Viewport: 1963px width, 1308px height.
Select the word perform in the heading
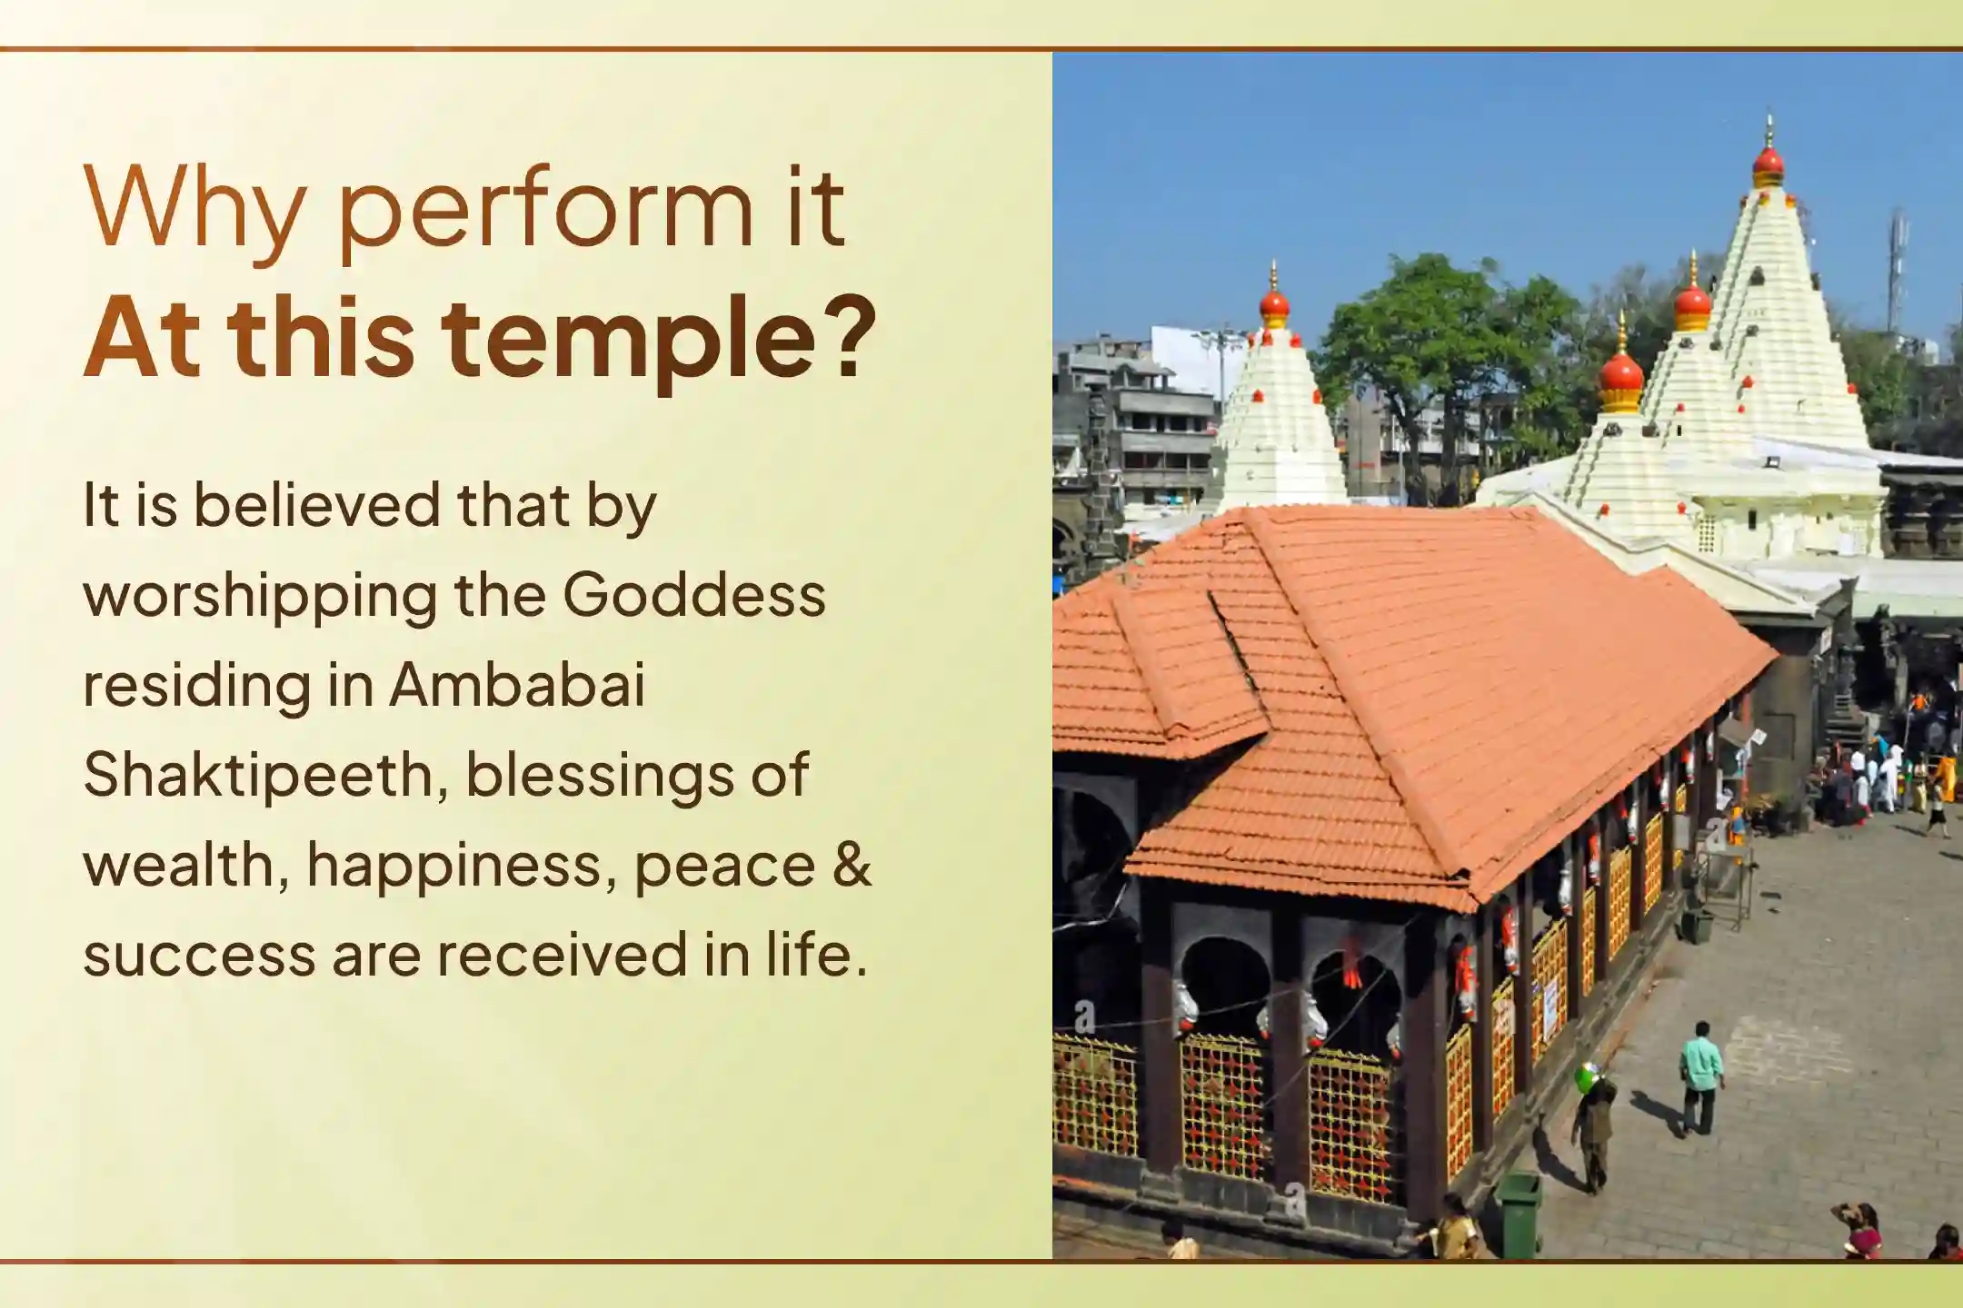coord(545,213)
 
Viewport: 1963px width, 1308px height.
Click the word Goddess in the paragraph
coord(694,595)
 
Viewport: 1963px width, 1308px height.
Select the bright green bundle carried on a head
coord(1587,1077)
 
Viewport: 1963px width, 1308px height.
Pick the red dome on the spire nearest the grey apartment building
coord(1274,304)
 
